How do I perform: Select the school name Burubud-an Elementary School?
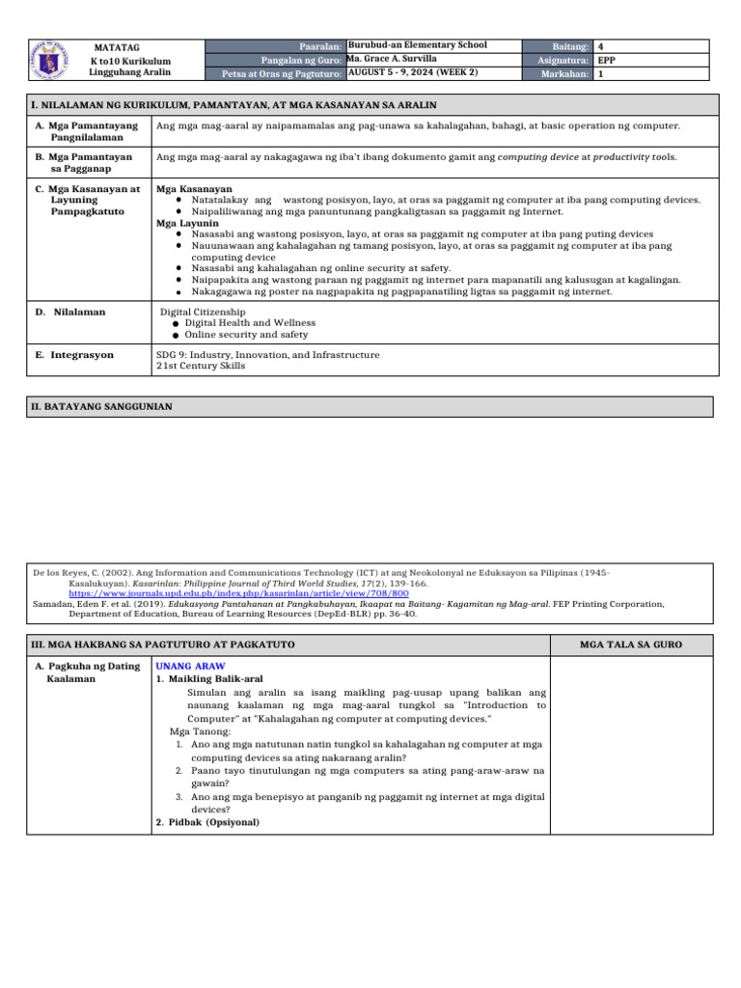pyautogui.click(x=417, y=45)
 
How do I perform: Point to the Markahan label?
pyautogui.click(x=565, y=73)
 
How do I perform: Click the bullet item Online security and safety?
pyautogui.click(x=246, y=335)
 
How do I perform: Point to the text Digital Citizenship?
pyautogui.click(x=203, y=313)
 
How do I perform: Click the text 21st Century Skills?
pyautogui.click(x=201, y=366)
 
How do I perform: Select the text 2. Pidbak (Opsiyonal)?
pyautogui.click(x=207, y=822)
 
